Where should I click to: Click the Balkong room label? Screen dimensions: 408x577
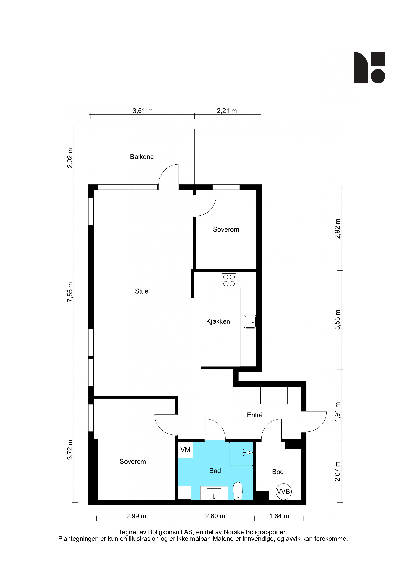point(142,157)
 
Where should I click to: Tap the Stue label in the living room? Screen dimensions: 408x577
point(141,291)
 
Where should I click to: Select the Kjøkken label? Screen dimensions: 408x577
point(218,321)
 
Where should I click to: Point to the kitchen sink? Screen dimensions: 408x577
point(250,322)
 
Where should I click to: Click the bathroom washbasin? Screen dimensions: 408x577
point(214,493)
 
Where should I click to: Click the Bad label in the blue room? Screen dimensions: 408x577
point(215,471)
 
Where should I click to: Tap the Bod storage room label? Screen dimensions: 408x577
point(278,472)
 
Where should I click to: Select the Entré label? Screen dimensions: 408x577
point(255,415)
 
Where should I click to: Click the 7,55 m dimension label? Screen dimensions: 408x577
point(70,292)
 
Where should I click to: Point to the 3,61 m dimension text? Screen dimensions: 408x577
point(142,111)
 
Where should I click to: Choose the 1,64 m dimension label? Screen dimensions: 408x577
point(279,516)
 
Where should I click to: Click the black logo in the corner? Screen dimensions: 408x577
point(369,67)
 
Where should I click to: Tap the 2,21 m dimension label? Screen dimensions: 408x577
point(227,111)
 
